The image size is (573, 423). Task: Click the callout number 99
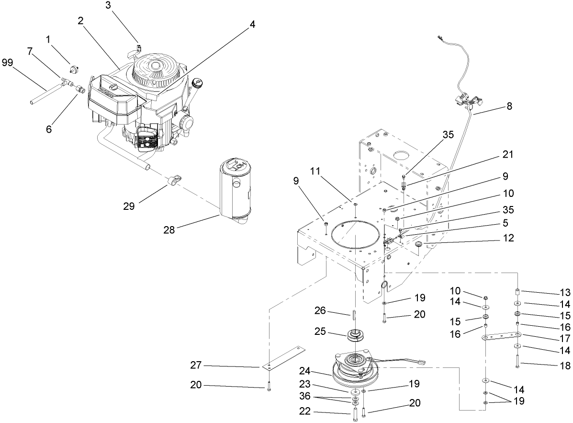tap(8, 62)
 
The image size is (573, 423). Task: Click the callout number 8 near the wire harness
tap(509, 106)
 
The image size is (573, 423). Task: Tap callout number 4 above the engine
tap(252, 24)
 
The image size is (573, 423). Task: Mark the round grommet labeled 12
tap(420, 245)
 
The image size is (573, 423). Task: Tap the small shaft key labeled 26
tap(355, 314)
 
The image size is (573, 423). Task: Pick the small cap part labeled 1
tap(75, 66)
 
